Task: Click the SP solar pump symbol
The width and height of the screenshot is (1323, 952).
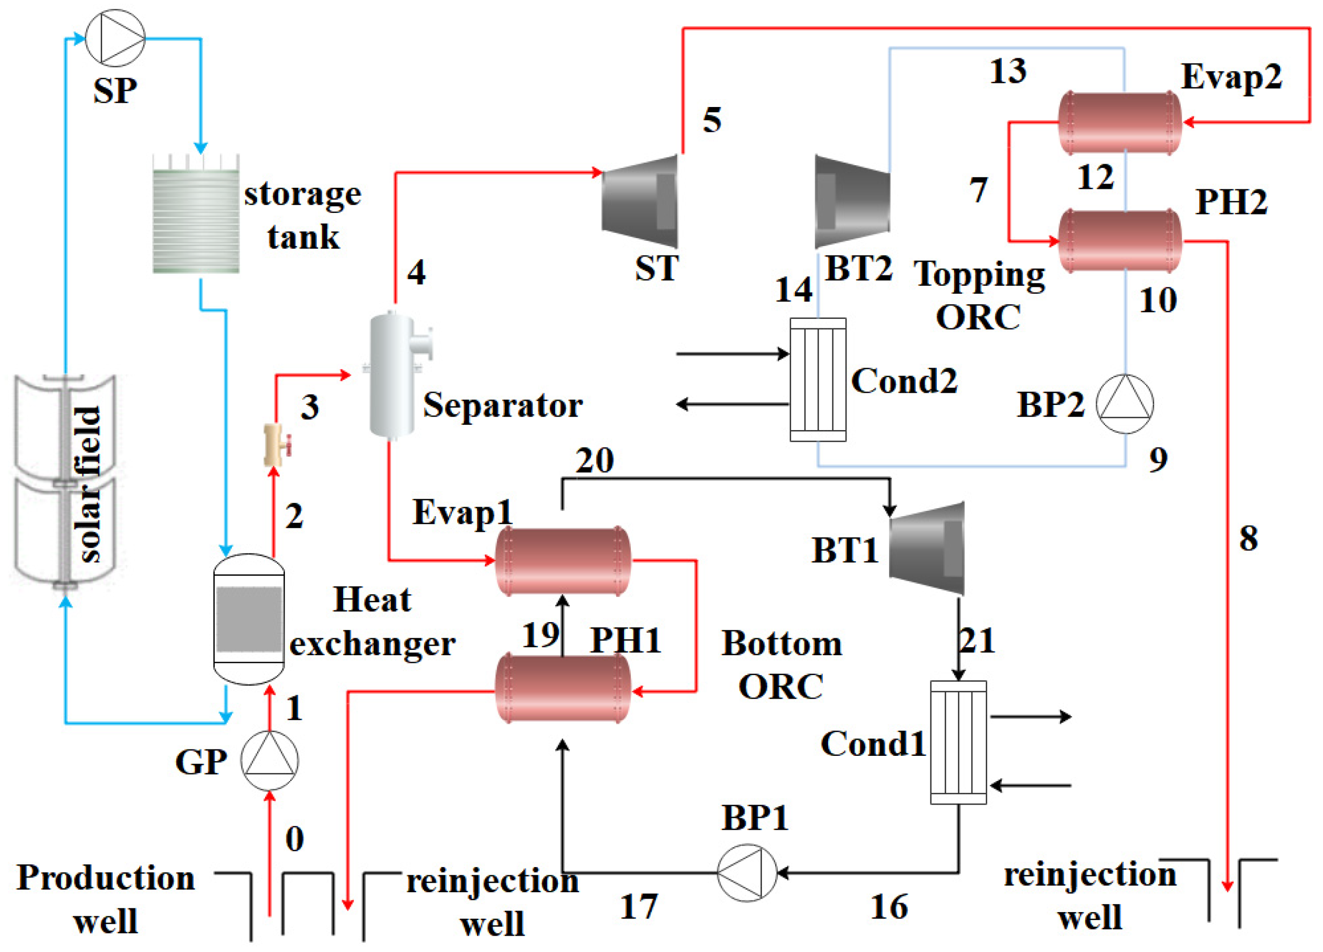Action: click(115, 38)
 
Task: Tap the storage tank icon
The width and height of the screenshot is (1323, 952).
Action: click(196, 215)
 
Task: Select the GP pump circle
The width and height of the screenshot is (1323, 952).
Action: click(270, 760)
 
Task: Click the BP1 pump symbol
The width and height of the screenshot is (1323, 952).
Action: click(747, 873)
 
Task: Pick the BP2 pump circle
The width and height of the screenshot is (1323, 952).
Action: click(1125, 404)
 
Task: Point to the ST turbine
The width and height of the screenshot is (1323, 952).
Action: click(640, 201)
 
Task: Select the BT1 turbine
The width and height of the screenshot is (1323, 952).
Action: click(927, 548)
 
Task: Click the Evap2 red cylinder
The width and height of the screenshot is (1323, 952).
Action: click(1120, 122)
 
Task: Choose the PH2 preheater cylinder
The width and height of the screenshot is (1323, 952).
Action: click(1120, 241)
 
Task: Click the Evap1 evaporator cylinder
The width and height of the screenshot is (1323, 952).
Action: click(563, 561)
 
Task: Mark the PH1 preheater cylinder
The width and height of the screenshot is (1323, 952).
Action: click(563, 689)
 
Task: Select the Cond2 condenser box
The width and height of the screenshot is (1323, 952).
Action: click(818, 380)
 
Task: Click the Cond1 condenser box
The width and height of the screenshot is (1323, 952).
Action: click(958, 743)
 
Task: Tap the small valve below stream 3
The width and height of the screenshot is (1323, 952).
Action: click(276, 445)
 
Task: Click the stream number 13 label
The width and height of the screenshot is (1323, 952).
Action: click(1008, 71)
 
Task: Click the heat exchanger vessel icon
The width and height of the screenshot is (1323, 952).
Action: click(249, 619)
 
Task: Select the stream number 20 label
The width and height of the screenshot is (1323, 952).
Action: click(595, 461)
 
